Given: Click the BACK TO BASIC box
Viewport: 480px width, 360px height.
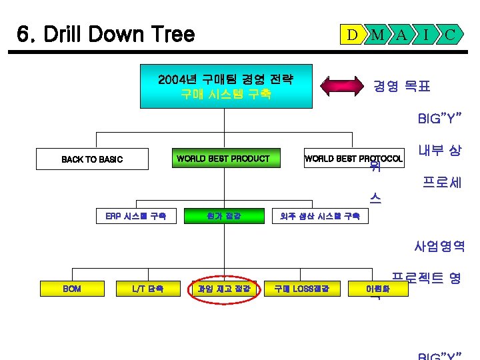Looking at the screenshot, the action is click(x=92, y=159).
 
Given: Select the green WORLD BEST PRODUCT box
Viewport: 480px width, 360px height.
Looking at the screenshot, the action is click(x=223, y=159).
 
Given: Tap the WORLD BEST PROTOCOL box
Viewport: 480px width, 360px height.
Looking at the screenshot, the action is click(x=353, y=159).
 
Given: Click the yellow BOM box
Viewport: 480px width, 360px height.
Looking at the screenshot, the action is click(x=72, y=289).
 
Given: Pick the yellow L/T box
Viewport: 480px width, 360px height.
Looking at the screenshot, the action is click(x=148, y=289).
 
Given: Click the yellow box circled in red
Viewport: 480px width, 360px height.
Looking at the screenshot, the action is click(x=223, y=289).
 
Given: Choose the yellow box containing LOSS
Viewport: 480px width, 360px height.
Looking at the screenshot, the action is click(x=297, y=289).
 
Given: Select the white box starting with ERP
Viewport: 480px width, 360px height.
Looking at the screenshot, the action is click(x=135, y=215).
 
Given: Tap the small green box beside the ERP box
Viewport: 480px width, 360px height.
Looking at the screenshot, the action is click(x=223, y=215).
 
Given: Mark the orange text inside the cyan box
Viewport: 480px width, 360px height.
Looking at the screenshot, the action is click(x=226, y=95).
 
